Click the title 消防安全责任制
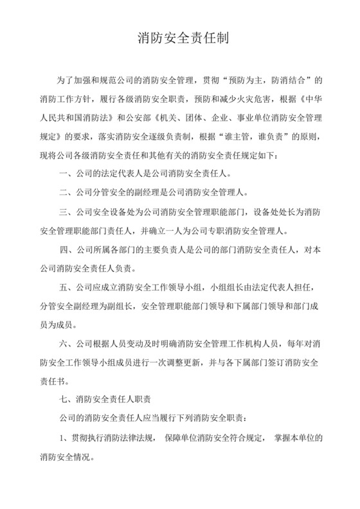(x=180, y=39)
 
